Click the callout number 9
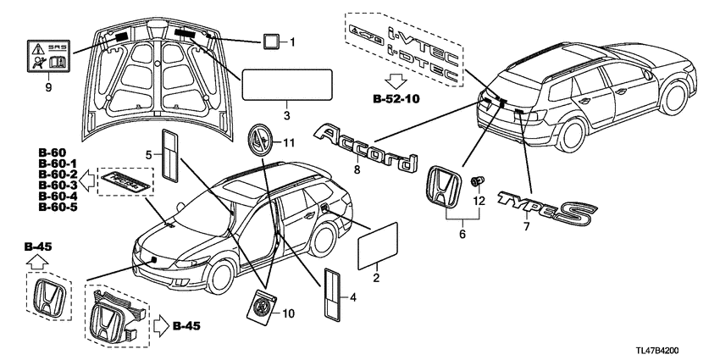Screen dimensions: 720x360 48,88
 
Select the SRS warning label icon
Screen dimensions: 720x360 48,56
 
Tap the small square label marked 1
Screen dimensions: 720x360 270,42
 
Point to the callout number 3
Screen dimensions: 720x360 286,116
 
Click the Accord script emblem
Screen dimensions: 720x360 367,149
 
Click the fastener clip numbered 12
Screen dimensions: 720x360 478,181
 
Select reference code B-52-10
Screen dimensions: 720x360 396,99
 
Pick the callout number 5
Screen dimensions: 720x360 149,156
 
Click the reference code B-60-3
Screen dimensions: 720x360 58,186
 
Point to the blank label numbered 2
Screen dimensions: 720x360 378,246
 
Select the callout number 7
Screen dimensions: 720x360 526,226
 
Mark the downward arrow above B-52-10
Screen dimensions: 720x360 396,81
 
